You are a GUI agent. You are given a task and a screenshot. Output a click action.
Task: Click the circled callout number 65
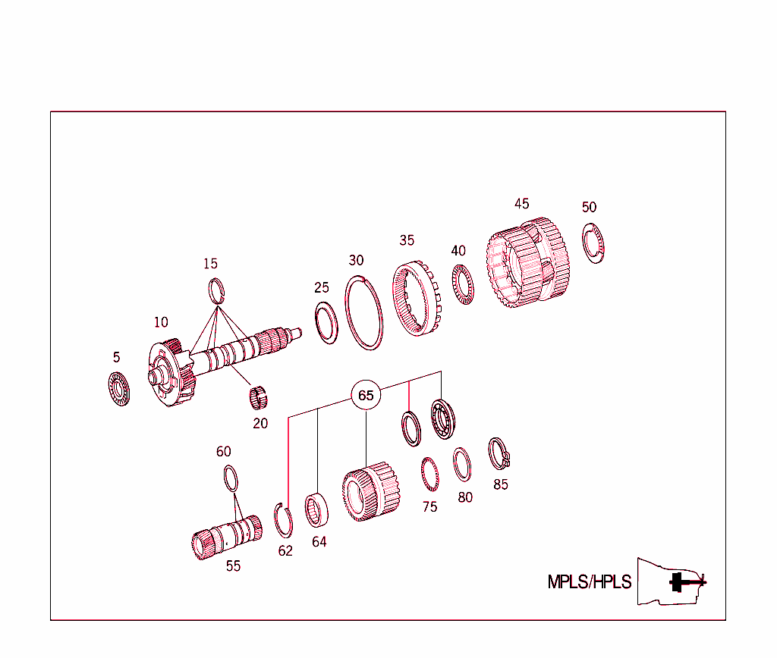[366, 395]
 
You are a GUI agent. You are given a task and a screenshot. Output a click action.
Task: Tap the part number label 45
[521, 204]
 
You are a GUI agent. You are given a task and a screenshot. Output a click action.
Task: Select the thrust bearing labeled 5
[119, 388]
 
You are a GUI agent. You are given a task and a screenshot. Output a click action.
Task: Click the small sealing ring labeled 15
[217, 290]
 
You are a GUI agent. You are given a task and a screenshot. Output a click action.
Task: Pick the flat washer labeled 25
[326, 321]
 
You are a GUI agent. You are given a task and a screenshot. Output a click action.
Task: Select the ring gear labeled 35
[416, 299]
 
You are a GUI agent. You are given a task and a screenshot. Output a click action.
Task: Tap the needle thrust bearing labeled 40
[462, 285]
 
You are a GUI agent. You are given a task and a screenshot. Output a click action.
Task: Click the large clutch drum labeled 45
[528, 263]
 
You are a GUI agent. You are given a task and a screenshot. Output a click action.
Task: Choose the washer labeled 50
[593, 243]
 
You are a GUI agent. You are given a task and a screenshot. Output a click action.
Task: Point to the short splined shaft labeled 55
[225, 536]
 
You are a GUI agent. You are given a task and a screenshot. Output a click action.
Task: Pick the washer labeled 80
[462, 465]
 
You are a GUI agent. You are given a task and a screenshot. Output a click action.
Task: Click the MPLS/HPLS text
[589, 582]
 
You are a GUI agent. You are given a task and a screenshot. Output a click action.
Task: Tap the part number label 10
[161, 322]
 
